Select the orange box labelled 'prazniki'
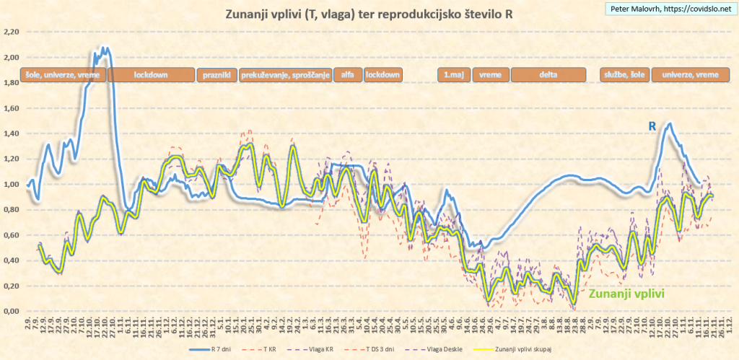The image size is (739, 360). [217, 75]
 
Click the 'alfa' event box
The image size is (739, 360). [347, 75]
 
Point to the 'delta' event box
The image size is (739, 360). [548, 75]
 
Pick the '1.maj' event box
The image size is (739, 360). [453, 75]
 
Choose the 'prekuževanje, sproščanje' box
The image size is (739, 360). [285, 75]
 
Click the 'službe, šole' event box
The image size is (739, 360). [624, 75]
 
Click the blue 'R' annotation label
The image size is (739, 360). [652, 126]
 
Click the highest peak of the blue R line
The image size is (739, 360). [105, 49]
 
